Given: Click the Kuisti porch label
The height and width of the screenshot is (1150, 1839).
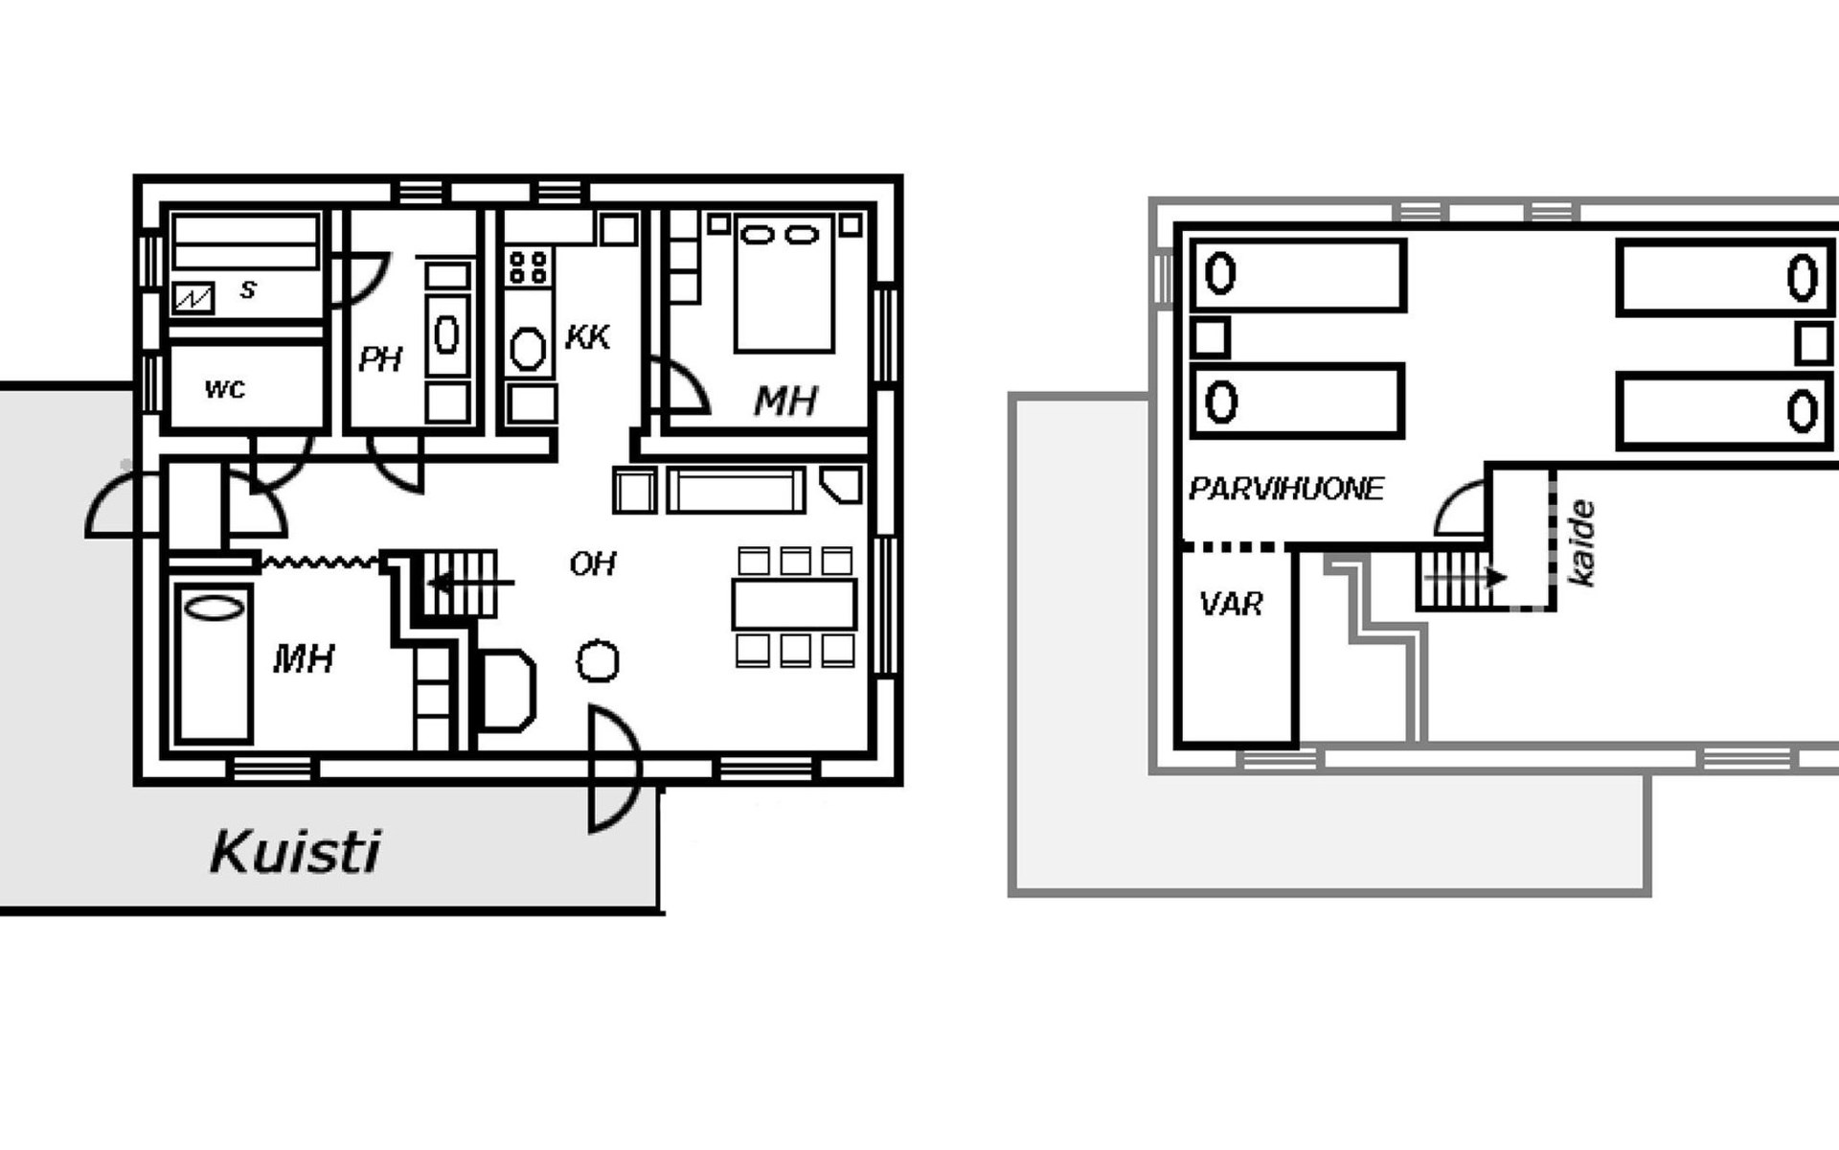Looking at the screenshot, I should coord(295,852).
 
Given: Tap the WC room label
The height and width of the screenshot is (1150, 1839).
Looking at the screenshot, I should coord(225,389).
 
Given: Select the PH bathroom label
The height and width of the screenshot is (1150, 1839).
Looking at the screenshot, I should coord(380,359).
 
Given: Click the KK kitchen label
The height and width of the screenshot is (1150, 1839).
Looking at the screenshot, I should coord(587,337).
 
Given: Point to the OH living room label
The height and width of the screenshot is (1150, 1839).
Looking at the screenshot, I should coord(592,563).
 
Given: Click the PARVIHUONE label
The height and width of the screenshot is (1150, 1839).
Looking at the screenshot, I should coord(1285,489).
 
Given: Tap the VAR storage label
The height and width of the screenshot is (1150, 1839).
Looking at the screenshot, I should coord(1231,604).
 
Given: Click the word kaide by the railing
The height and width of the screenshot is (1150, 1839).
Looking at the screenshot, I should coord(1581,541).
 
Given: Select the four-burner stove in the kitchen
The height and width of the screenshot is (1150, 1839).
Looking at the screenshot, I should coord(528,267).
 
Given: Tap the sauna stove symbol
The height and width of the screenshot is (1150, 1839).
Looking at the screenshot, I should coord(193,298).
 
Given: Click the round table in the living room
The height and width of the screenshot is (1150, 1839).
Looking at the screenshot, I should coord(598,661).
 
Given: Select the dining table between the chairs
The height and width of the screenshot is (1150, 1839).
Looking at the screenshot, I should coord(794,604).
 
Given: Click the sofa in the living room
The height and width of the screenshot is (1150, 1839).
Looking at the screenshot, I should coord(736,490).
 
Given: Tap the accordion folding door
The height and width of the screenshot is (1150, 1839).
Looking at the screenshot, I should coord(319,562).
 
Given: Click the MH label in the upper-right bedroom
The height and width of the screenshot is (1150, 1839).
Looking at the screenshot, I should coord(785,402).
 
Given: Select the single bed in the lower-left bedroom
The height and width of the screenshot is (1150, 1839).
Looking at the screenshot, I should coord(214,663).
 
